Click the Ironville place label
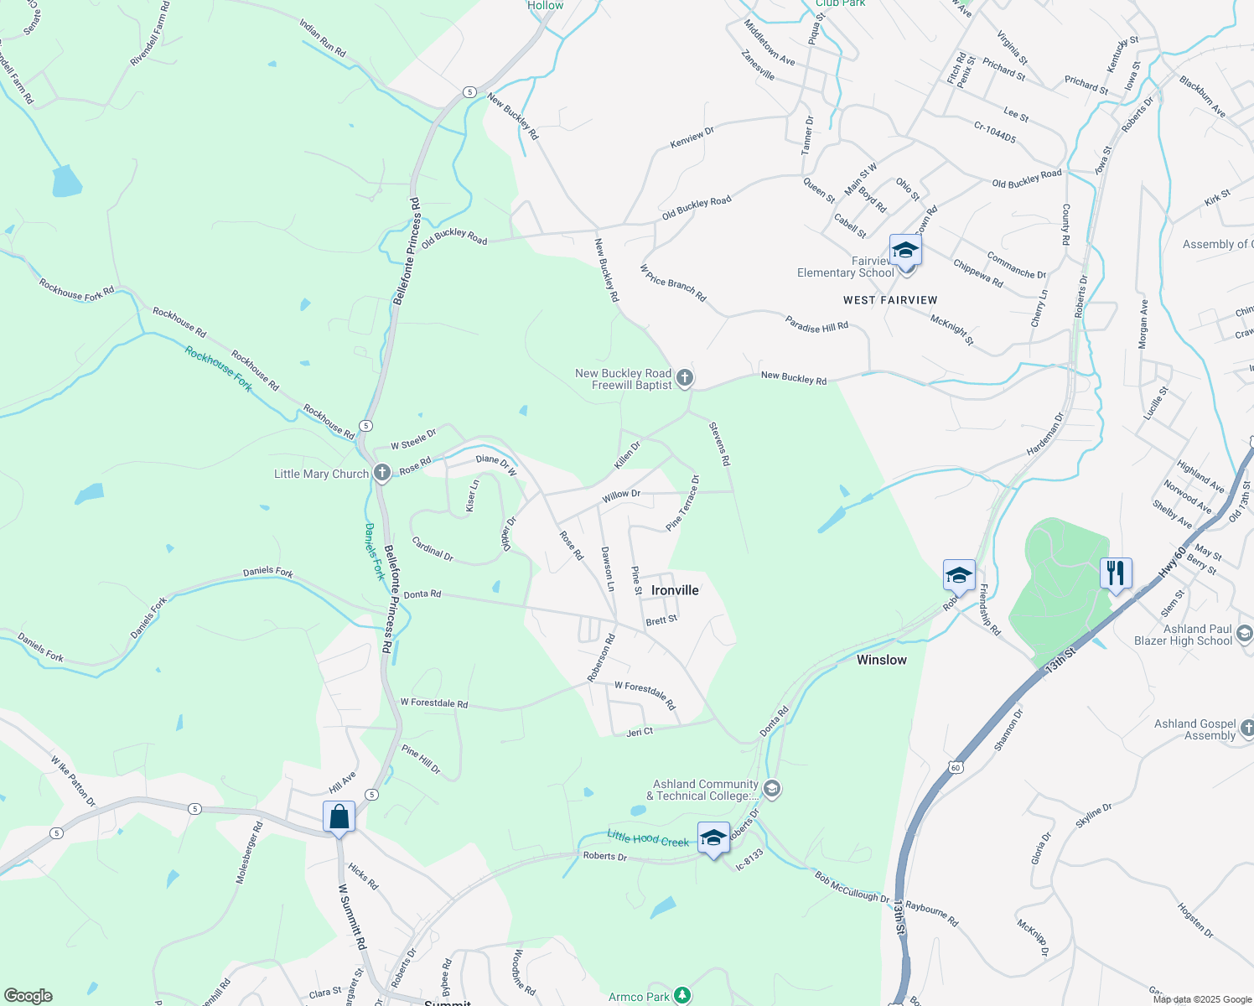tap(675, 590)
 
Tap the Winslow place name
tap(881, 660)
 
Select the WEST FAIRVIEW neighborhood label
tap(890, 300)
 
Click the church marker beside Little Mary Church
tap(381, 474)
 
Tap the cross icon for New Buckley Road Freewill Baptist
tap(685, 378)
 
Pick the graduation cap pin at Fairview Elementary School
tap(905, 251)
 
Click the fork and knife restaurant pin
tap(1115, 573)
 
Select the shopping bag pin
tap(339, 817)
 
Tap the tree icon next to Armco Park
tap(682, 996)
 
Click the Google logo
tap(28, 996)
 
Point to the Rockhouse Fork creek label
tap(218, 369)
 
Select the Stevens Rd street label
tap(719, 443)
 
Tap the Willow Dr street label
tap(621, 495)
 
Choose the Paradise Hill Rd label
tap(816, 325)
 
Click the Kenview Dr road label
tap(692, 137)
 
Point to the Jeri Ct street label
tap(640, 732)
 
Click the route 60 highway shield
tap(956, 767)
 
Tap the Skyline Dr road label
tap(1094, 815)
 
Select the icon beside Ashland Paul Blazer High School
tap(1244, 634)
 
